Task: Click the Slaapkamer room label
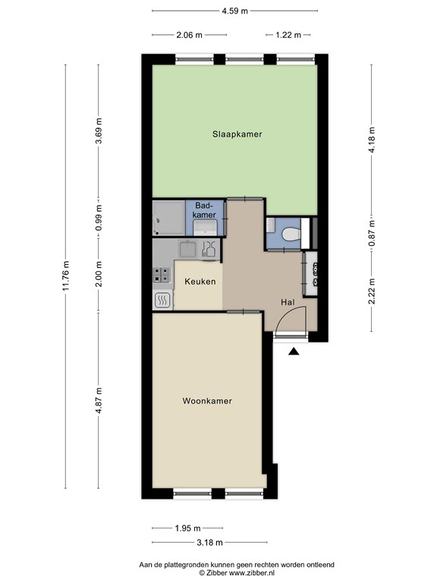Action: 237,134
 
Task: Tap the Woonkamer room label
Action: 207,401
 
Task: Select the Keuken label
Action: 200,282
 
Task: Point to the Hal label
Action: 288,302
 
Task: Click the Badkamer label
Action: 205,210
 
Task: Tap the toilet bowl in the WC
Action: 291,235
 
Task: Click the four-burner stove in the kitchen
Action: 162,276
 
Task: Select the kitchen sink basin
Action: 188,249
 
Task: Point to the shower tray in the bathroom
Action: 168,218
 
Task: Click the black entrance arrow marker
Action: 294,351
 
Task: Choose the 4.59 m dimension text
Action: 235,11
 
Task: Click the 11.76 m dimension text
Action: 66,276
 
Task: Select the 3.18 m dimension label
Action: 209,543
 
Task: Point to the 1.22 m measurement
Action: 288,35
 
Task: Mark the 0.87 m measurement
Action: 372,233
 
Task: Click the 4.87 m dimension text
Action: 99,401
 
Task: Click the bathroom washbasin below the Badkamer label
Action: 205,227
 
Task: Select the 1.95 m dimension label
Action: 187,528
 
